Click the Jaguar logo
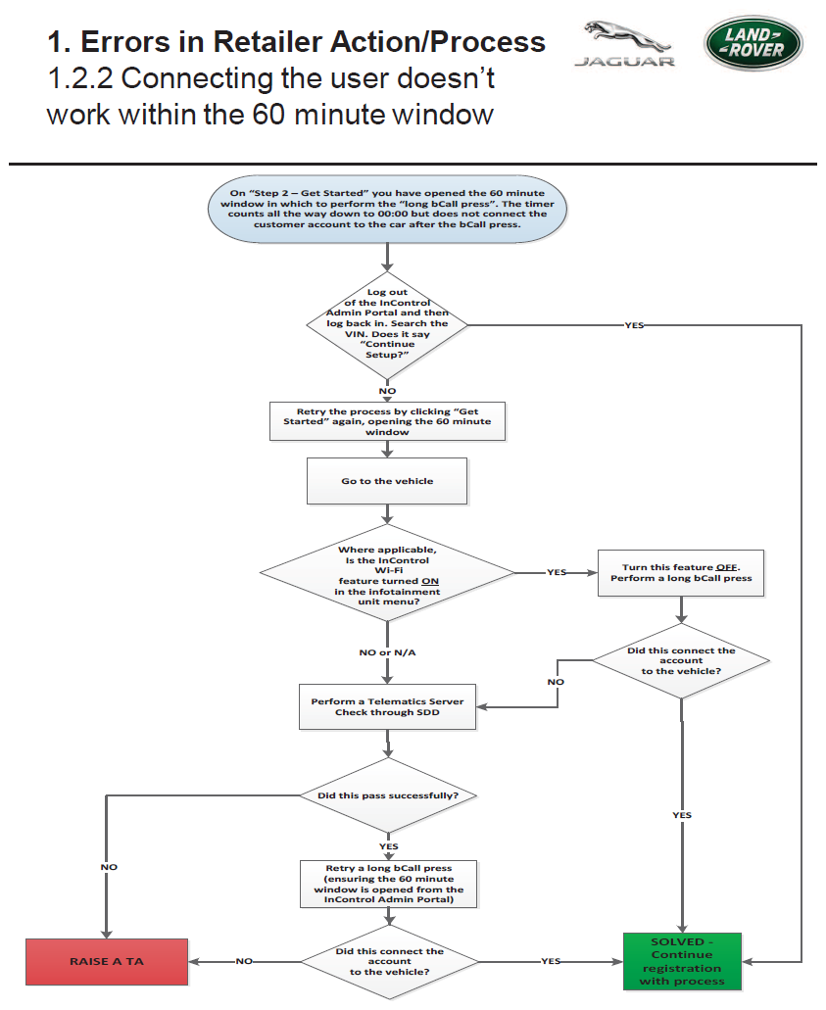pos(624,44)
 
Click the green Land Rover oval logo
pos(753,42)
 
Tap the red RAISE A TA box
pos(107,962)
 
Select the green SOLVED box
pos(682,961)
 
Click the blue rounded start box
pos(387,209)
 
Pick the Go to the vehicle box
pos(387,481)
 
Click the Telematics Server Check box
pos(387,706)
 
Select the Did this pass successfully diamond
pos(388,795)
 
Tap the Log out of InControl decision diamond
pos(387,324)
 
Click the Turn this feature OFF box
pos(681,573)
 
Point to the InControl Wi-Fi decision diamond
pos(387,572)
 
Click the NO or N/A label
pos(387,652)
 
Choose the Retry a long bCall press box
pos(389,884)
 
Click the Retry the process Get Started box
pos(387,421)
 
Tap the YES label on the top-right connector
pos(634,325)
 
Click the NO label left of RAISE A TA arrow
pos(244,961)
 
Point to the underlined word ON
pos(430,581)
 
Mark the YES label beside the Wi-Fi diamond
pos(557,572)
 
